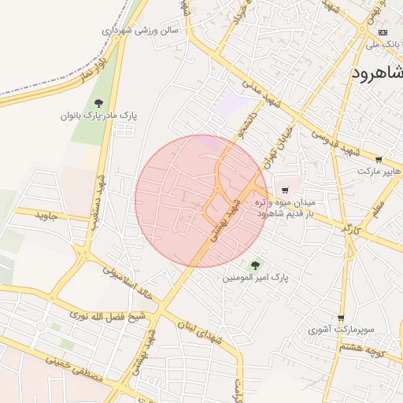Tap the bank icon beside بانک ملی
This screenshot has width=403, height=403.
(x=383, y=32)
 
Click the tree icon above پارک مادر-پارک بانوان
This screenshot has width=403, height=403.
(x=98, y=103)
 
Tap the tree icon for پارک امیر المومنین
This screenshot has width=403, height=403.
(x=254, y=264)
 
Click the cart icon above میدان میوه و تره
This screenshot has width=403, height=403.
(x=285, y=190)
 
